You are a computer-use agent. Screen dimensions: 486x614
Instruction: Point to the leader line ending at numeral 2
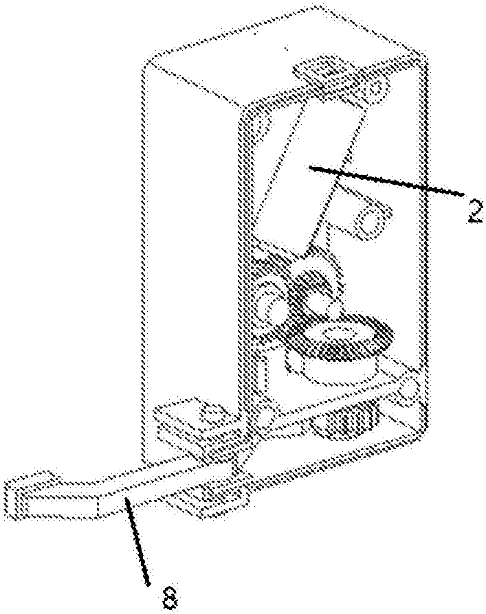(386, 180)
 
